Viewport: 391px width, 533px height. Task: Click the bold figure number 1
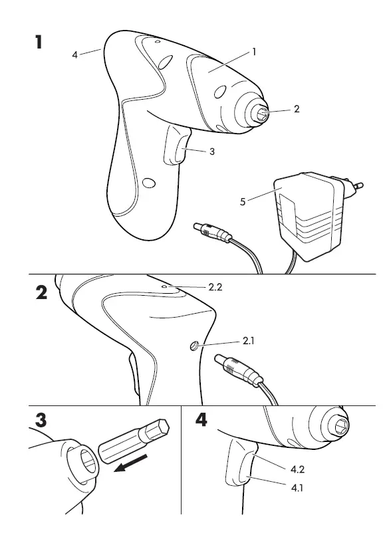click(39, 42)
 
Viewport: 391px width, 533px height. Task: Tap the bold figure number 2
click(41, 292)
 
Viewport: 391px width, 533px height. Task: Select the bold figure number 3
click(41, 420)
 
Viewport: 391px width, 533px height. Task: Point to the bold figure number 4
click(201, 420)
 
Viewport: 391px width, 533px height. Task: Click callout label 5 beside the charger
click(243, 202)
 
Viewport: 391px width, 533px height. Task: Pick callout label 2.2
click(215, 287)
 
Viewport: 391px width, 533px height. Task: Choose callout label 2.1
click(248, 341)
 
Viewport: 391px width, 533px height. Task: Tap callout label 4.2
click(297, 469)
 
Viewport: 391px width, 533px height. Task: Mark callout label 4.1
click(297, 488)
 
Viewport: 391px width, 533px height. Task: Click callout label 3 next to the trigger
click(212, 152)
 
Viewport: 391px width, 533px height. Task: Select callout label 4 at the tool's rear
click(74, 54)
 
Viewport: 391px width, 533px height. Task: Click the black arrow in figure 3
click(130, 463)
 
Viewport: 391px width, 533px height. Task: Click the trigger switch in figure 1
click(177, 146)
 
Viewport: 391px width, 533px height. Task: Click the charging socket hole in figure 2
click(194, 346)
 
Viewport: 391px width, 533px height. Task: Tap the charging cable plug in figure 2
click(238, 372)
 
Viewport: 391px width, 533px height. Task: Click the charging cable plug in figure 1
click(212, 233)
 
